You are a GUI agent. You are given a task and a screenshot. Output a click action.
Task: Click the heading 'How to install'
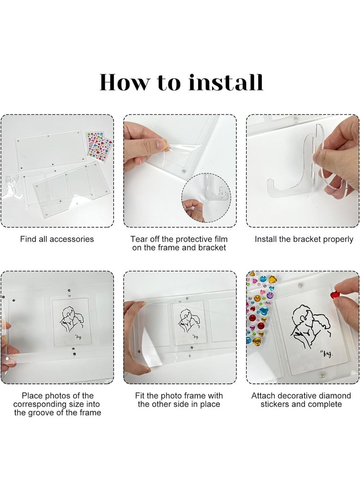tap(181, 82)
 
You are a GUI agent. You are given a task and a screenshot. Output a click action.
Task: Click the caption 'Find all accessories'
tap(57, 239)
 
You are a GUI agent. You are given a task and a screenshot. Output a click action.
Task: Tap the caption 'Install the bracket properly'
tap(304, 239)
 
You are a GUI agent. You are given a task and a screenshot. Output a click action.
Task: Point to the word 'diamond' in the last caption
tap(332, 396)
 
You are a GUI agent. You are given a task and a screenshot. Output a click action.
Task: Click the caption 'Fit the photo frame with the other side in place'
tap(179, 400)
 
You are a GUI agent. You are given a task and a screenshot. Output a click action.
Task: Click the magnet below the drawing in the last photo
tap(323, 375)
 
